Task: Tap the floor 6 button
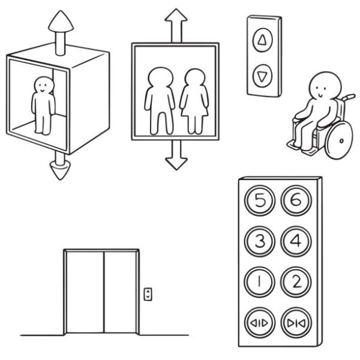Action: tap(296, 200)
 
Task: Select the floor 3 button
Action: tap(260, 241)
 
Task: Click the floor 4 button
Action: tap(296, 241)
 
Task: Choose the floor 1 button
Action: tap(260, 282)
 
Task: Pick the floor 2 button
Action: tap(296, 282)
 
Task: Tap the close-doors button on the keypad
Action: tap(296, 323)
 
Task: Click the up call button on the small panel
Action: tap(263, 40)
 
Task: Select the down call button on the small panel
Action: tap(262, 76)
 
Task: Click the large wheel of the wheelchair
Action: tap(339, 140)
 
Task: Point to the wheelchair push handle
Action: tap(349, 97)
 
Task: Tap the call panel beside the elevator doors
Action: tap(148, 294)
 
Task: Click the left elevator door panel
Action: tap(85, 292)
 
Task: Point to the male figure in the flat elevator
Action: tap(160, 101)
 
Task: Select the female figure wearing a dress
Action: tap(194, 101)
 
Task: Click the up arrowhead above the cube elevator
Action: tap(61, 21)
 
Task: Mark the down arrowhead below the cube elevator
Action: tap(60, 170)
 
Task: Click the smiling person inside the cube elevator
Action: tap(43, 106)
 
